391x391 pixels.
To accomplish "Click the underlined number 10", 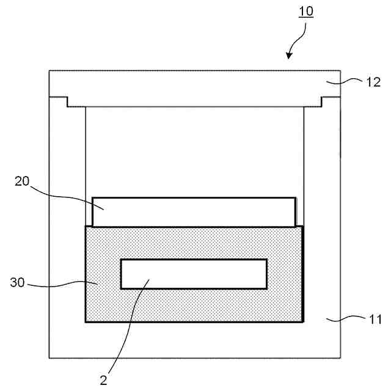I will click(306, 12).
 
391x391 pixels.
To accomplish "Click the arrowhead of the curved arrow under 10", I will click(289, 56).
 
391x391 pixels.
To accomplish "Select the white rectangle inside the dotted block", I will click(194, 274).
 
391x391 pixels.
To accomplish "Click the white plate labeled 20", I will click(194, 212).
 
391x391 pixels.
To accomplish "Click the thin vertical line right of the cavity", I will click(304, 165).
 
